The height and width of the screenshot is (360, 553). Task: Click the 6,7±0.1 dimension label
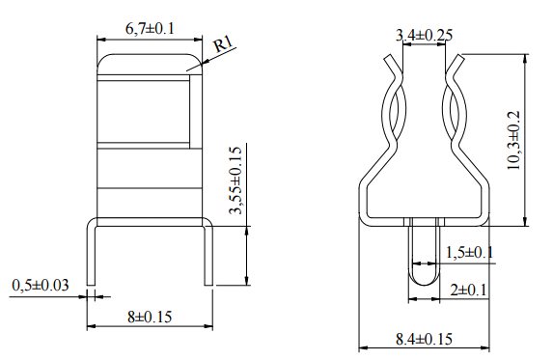coord(150,29)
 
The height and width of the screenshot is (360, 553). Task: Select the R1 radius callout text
coord(224,44)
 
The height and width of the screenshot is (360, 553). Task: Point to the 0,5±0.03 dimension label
coord(41,285)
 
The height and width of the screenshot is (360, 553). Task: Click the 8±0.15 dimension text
coord(150,316)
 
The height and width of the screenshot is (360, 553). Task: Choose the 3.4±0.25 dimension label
coord(426,36)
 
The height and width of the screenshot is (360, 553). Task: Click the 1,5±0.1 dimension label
coord(469,252)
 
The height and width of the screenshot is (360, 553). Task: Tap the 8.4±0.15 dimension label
coord(424,339)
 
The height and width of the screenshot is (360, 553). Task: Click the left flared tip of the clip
coord(389,63)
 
